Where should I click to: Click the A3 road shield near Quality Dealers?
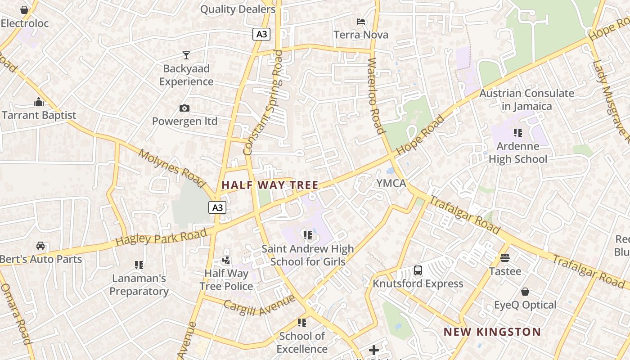click(261, 34)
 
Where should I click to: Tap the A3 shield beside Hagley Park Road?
click(217, 207)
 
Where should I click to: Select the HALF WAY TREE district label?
click(270, 185)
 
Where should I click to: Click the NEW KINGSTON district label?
click(492, 332)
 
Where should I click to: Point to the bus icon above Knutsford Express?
click(418, 270)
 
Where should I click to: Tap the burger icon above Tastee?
click(505, 258)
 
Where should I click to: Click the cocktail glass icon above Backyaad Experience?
click(186, 55)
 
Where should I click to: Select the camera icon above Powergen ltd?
click(184, 108)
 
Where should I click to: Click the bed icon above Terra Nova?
click(361, 22)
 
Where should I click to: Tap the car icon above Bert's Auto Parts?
click(40, 246)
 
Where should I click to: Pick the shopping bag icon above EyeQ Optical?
click(525, 292)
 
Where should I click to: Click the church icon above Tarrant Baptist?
click(39, 102)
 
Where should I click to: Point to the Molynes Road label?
click(172, 168)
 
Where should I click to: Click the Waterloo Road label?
click(376, 95)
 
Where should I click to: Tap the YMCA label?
click(391, 183)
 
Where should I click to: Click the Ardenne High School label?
click(518, 153)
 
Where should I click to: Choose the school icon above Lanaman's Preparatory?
click(139, 265)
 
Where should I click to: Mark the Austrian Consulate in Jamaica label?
click(526, 100)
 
